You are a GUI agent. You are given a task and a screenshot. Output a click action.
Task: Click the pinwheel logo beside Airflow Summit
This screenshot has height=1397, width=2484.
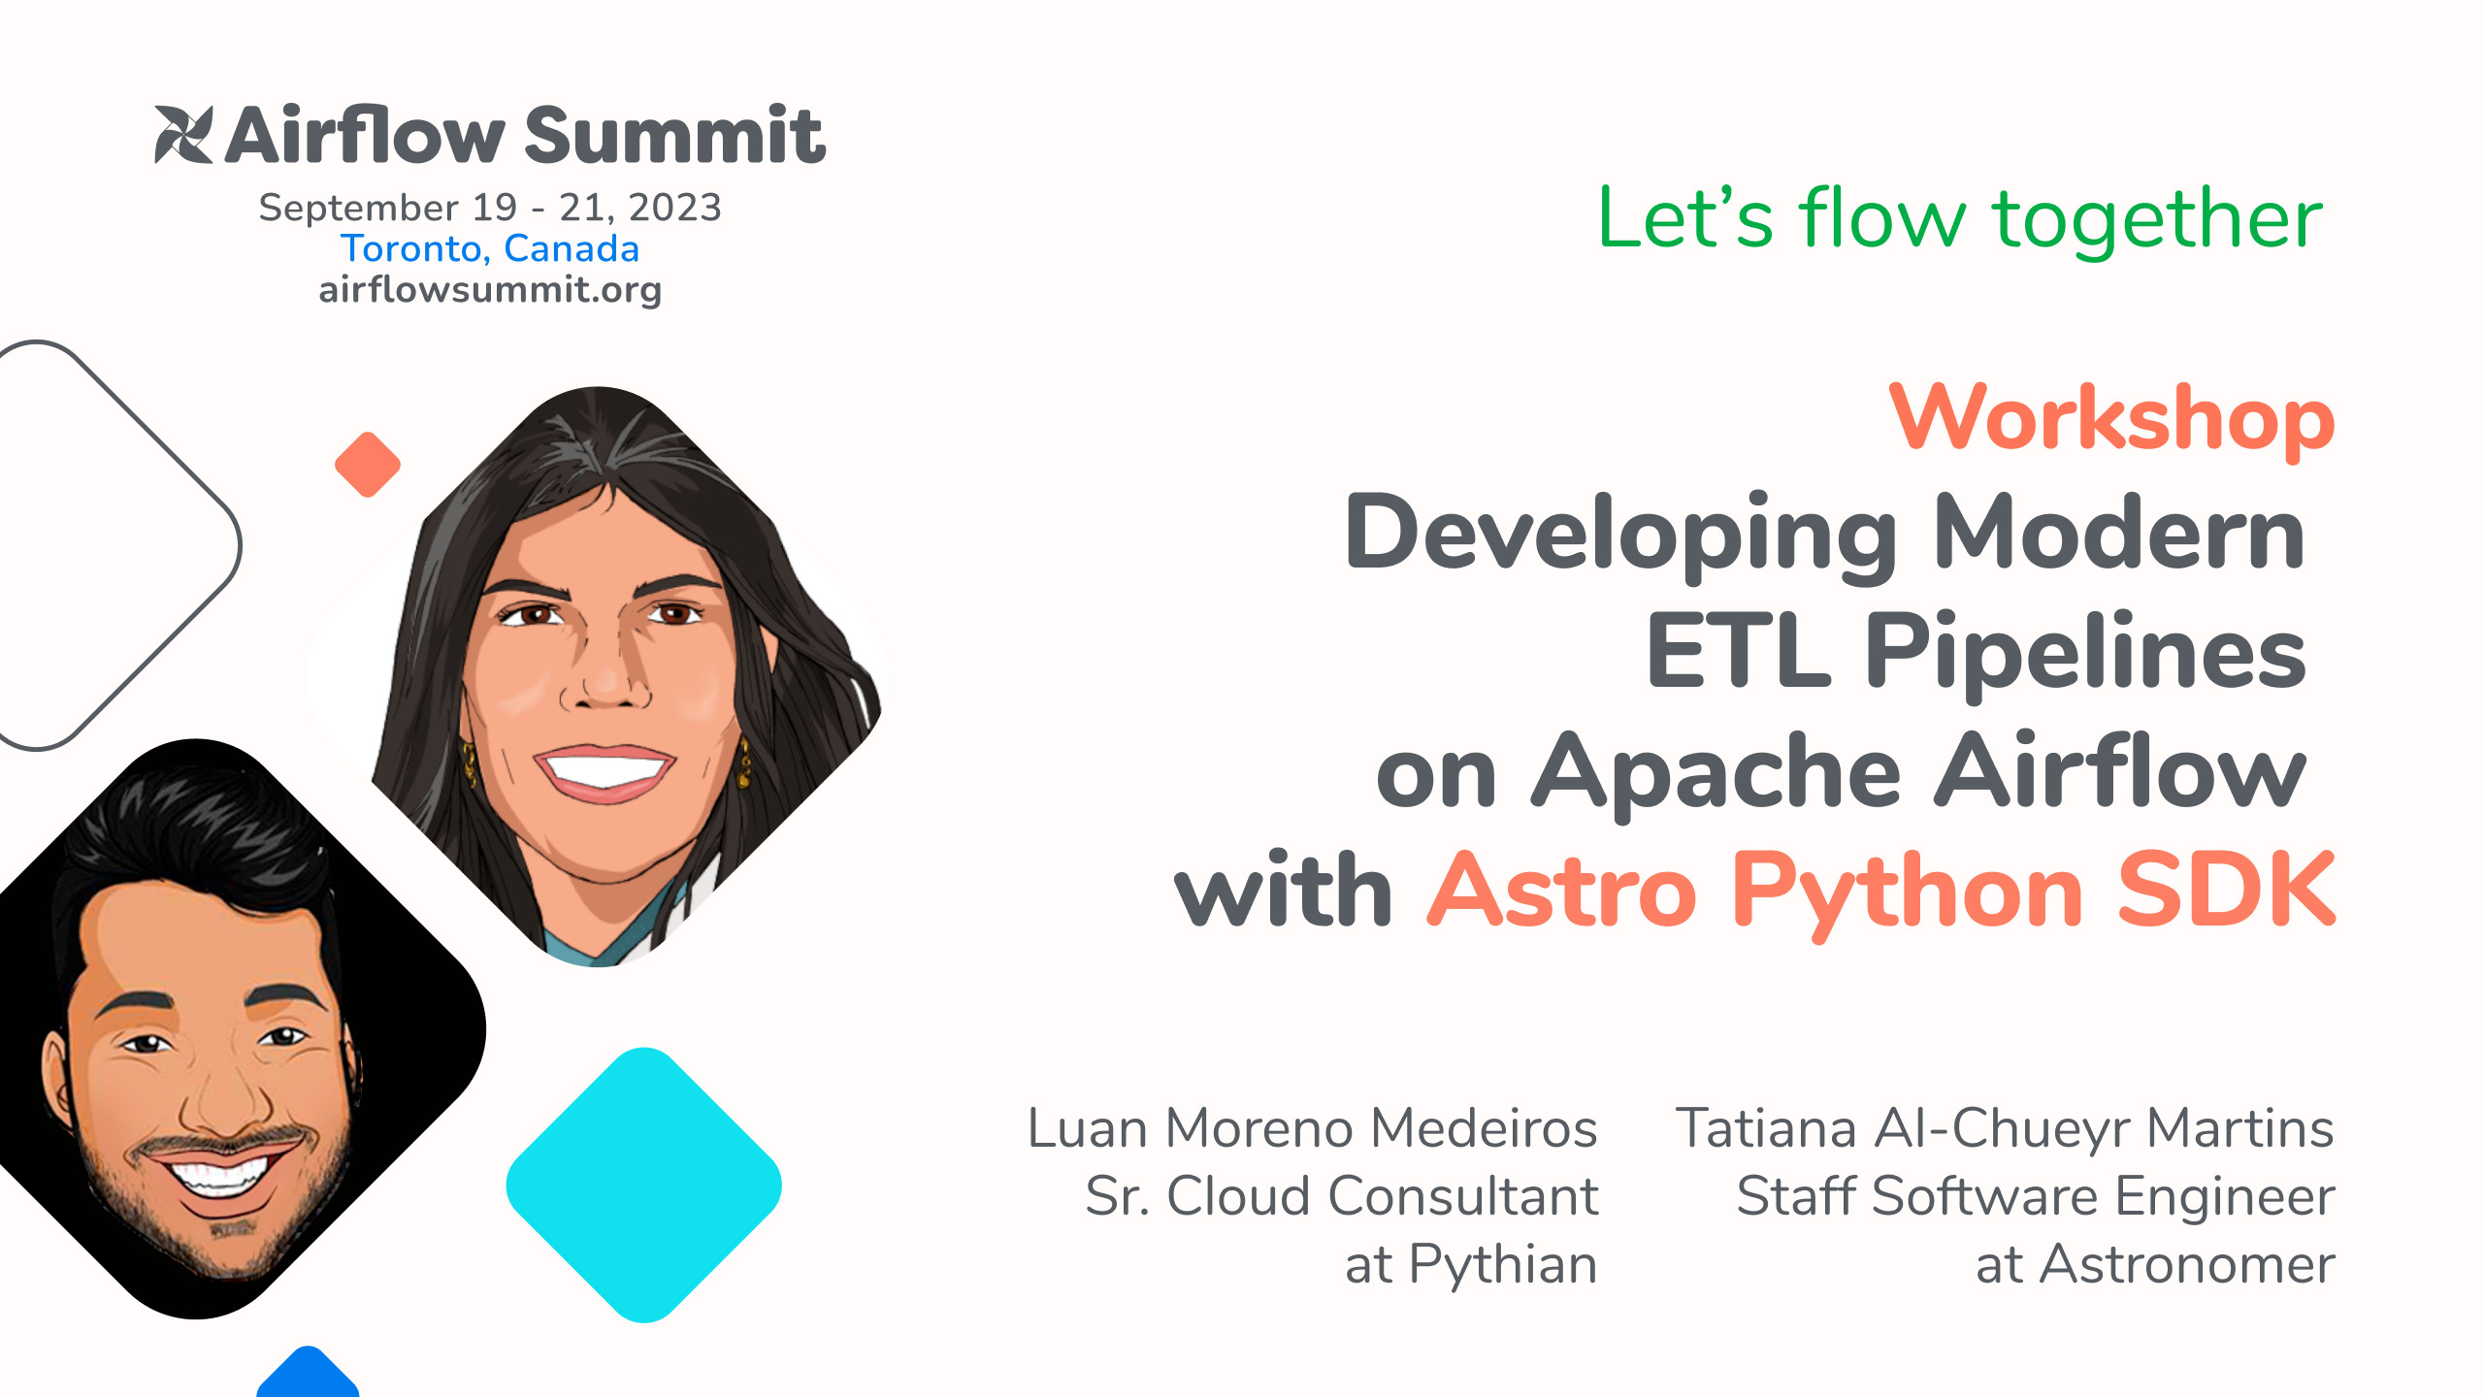[183, 134]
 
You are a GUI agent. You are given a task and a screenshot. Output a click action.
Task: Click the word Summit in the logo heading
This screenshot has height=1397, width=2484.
[674, 135]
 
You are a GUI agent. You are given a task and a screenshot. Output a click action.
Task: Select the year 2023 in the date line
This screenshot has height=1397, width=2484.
[674, 208]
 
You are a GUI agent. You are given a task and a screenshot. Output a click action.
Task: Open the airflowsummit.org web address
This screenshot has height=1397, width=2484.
[490, 290]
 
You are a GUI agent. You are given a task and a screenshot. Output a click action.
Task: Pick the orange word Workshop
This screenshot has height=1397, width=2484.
[2111, 419]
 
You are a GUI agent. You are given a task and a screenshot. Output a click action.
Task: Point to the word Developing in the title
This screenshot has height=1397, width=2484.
[1620, 536]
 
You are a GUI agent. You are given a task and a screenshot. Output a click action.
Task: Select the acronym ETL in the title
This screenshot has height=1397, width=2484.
[1738, 651]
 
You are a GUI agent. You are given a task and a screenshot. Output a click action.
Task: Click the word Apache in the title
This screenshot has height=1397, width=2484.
[1716, 773]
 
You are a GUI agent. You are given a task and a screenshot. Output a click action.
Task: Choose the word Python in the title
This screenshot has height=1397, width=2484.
[1908, 893]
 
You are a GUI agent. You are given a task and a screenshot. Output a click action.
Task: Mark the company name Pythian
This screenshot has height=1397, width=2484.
[1502, 1266]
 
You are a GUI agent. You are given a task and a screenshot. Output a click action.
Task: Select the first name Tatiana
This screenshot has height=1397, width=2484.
[1765, 1128]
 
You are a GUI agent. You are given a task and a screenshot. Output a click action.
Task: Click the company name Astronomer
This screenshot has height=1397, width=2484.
[2187, 1265]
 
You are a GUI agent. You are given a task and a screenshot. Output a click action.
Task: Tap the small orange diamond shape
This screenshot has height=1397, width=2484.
[368, 465]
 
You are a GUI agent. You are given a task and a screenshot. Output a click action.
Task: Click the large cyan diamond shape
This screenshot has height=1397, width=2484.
[644, 1185]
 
